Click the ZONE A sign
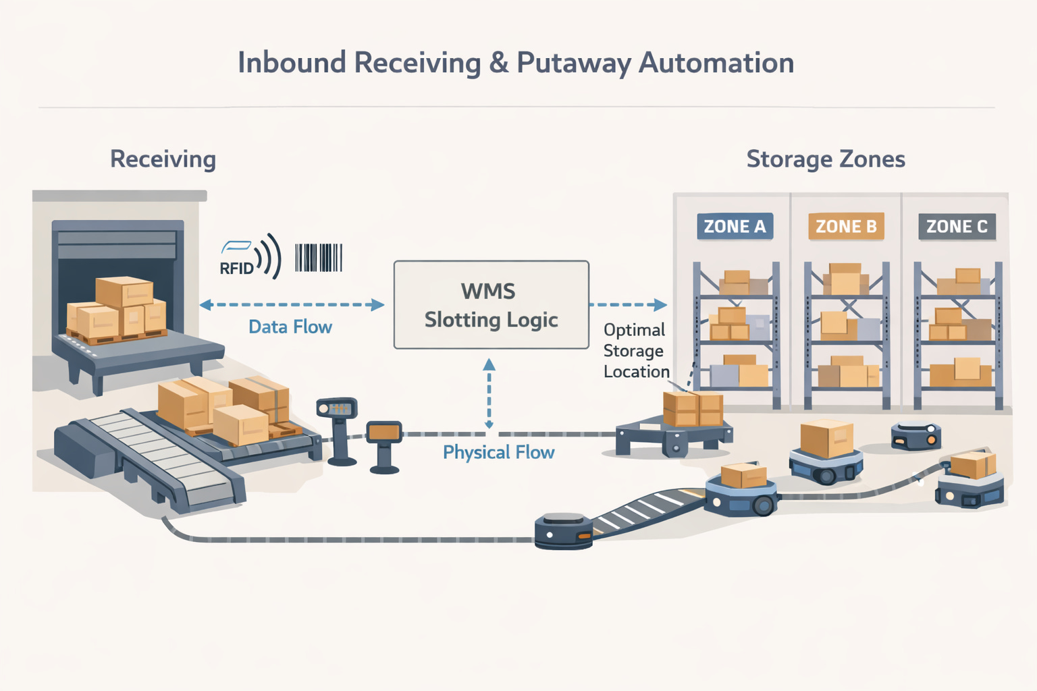(x=735, y=227)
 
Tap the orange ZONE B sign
(x=845, y=227)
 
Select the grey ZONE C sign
(x=957, y=227)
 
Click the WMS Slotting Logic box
(x=491, y=305)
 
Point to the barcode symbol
(x=319, y=258)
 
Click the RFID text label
(x=236, y=268)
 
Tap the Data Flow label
(x=290, y=327)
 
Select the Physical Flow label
(x=498, y=452)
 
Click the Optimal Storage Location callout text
(x=635, y=351)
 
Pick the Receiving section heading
(x=163, y=159)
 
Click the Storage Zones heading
(x=825, y=159)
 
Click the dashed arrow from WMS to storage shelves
(x=628, y=305)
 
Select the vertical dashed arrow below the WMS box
(x=489, y=395)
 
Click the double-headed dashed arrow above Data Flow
(x=292, y=305)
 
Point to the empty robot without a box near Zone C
(x=915, y=435)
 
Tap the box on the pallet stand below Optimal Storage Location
(x=693, y=409)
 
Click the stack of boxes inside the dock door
(x=117, y=308)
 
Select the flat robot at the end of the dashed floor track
(x=563, y=531)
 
